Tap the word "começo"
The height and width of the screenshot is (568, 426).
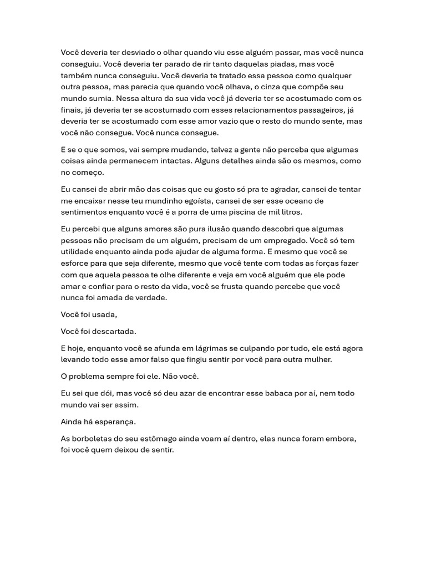[82, 172]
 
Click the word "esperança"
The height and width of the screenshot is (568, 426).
[119, 422]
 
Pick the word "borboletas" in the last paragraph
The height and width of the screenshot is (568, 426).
[93, 439]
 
